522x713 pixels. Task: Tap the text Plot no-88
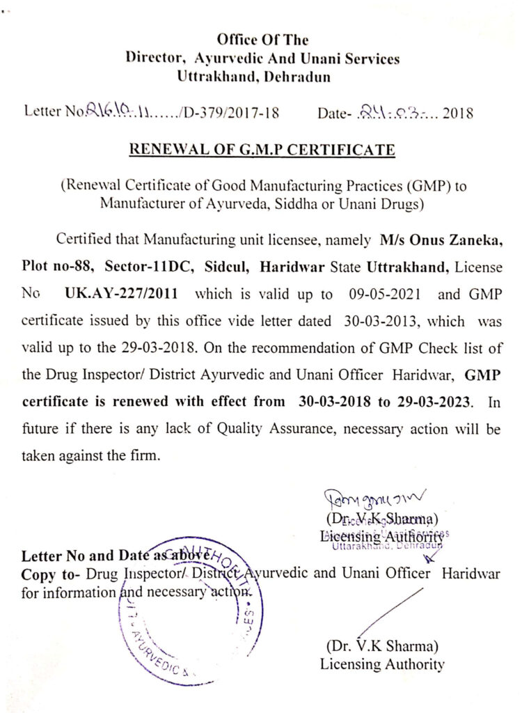57,267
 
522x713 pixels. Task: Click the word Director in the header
153,58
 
